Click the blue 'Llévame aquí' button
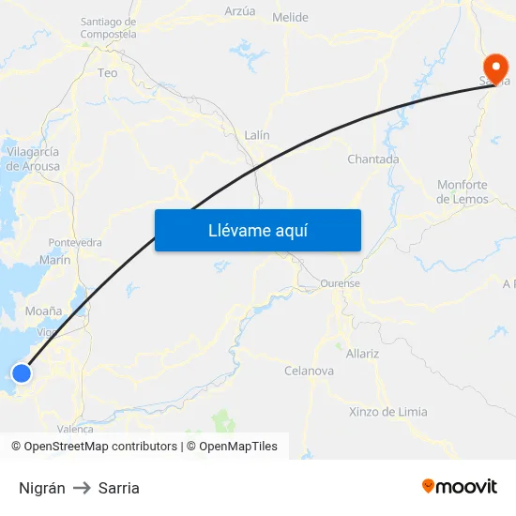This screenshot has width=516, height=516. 257,230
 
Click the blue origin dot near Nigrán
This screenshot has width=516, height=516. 22,373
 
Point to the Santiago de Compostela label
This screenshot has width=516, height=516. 108,28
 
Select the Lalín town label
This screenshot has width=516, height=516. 256,135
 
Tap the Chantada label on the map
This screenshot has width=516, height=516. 372,159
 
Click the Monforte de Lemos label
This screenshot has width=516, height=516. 463,192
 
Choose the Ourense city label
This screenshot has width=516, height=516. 340,283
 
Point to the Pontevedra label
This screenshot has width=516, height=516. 75,242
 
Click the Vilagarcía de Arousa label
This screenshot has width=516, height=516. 33,159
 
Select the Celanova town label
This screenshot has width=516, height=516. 309,371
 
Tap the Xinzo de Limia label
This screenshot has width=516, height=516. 387,412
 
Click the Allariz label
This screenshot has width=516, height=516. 362,354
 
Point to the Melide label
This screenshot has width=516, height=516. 290,18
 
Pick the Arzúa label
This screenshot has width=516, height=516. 240,11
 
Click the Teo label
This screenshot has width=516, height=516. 108,72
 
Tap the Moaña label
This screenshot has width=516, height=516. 44,311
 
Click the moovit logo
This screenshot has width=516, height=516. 460,487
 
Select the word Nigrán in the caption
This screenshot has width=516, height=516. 42,488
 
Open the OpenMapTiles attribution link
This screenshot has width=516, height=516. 238,447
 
